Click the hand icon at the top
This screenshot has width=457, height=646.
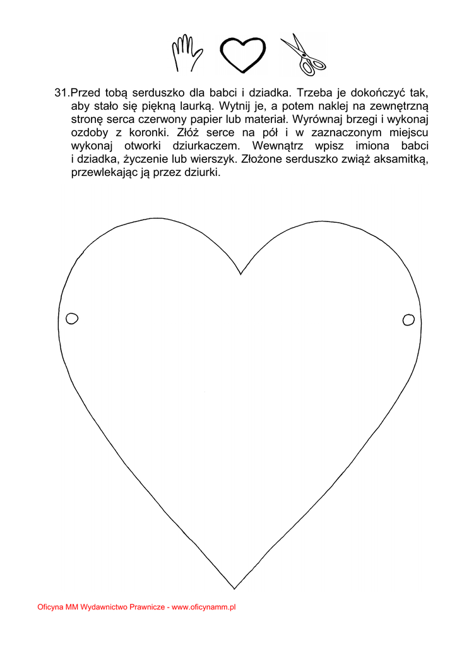pos(186,53)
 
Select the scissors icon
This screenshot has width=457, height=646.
pos(302,54)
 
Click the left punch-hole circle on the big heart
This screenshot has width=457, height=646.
pos(72,318)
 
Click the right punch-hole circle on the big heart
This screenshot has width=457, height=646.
pos(408,320)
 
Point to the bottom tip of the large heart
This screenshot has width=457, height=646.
pos(235,588)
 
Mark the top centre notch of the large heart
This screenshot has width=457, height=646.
pos(240,274)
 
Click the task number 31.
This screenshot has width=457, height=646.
pos(61,92)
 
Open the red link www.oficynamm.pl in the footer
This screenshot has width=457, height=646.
pos(204,607)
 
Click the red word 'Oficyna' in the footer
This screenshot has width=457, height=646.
pos(50,607)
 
